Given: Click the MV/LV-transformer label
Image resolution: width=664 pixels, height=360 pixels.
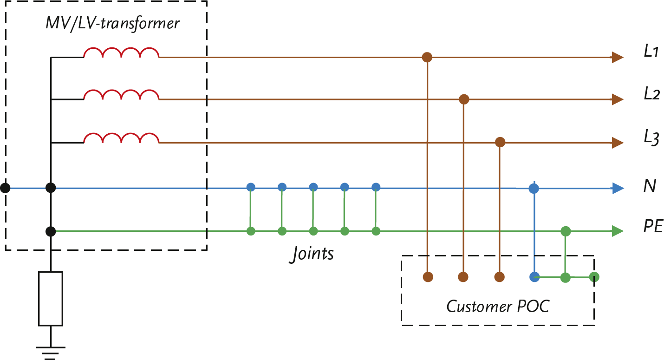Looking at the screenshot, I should pyautogui.click(x=112, y=23).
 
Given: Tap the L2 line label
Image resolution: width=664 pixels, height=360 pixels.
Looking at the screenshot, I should pyautogui.click(x=651, y=94).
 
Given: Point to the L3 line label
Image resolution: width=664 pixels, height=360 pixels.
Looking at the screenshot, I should pyautogui.click(x=651, y=138).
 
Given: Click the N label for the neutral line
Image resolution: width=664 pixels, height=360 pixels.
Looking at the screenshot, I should pyautogui.click(x=649, y=187).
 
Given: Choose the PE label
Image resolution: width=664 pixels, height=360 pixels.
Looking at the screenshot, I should pyautogui.click(x=652, y=227).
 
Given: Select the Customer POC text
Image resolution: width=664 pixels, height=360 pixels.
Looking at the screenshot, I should pyautogui.click(x=497, y=306).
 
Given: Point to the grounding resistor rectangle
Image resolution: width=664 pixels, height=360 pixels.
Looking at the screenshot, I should pyautogui.click(x=51, y=299).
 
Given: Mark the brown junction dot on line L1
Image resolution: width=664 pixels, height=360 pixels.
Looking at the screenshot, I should pyautogui.click(x=427, y=58).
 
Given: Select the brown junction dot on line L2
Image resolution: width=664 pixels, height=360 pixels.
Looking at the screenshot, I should pyautogui.click(x=463, y=99).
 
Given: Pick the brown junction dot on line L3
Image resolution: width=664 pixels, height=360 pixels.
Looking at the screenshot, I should pyautogui.click(x=500, y=142).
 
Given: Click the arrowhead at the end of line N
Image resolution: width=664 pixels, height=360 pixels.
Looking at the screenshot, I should pyautogui.click(x=618, y=188).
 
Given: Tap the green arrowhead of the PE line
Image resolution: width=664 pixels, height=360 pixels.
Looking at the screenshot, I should pyautogui.click(x=618, y=231).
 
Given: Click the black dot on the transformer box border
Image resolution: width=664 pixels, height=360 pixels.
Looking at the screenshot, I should pyautogui.click(x=6, y=188).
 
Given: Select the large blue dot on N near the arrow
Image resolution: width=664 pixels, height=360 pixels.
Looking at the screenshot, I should pyautogui.click(x=534, y=189).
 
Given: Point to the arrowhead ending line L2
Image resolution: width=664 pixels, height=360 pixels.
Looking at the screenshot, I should pyautogui.click(x=618, y=99).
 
